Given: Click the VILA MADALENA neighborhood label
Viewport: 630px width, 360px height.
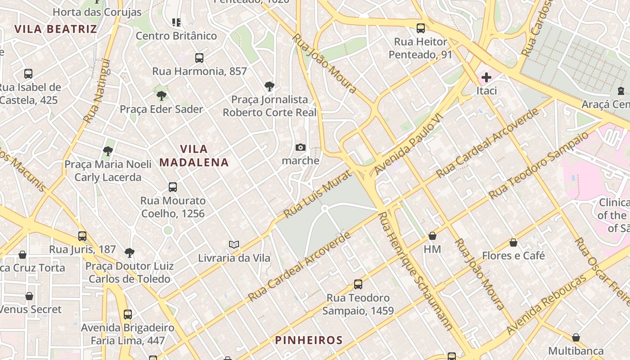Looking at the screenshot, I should point(194,155).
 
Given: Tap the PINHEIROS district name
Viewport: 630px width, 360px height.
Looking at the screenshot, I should point(309,340).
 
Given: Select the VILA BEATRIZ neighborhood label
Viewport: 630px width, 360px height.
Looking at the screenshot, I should point(55,29).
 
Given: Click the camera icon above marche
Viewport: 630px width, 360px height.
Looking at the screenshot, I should point(301,147).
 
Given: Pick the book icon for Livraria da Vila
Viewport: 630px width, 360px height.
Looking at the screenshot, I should point(234,244).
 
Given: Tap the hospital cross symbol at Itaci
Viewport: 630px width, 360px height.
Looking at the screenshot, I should point(486,77).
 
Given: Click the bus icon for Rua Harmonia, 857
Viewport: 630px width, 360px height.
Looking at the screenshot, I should point(199,58).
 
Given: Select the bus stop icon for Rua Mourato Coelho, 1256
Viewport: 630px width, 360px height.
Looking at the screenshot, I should point(173,187).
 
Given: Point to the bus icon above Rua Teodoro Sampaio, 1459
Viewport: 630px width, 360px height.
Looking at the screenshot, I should point(358,284).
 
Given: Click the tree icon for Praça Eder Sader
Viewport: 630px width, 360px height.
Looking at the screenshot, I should point(161,95).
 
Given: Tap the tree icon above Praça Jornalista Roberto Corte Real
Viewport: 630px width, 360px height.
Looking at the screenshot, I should point(270,85).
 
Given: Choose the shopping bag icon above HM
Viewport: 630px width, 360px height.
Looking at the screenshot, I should point(432,235).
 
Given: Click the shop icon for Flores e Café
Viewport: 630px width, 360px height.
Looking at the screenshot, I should point(513,243).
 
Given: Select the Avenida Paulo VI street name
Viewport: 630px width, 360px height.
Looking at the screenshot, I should point(409,144).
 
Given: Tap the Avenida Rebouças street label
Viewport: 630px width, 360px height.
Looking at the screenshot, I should point(546,305).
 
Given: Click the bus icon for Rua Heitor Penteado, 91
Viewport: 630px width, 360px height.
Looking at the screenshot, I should point(421,28).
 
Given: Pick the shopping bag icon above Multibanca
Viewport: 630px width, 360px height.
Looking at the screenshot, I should point(576,337).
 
